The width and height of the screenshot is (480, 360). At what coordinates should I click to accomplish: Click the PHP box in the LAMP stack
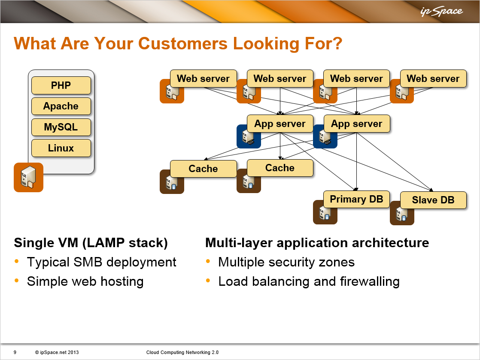point(61,85)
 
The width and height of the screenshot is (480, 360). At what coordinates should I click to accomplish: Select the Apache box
point(61,106)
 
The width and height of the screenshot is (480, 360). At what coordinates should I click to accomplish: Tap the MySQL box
point(61,127)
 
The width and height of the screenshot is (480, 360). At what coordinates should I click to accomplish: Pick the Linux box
point(61,148)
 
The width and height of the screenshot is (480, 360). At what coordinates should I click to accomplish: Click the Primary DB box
point(356,199)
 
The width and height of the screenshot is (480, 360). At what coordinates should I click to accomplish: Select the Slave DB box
point(433,200)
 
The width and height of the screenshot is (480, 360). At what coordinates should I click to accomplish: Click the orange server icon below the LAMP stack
point(28,177)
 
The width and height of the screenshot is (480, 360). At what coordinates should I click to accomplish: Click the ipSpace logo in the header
point(441,11)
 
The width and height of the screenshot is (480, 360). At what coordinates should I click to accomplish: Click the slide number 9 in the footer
point(15,352)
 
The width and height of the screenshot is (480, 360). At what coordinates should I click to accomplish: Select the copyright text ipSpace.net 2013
point(57,352)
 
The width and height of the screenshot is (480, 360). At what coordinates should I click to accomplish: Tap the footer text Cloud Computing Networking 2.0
point(182,352)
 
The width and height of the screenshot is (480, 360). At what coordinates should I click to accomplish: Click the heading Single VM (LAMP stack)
point(91,243)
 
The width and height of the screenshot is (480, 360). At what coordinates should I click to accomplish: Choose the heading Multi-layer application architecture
point(317,243)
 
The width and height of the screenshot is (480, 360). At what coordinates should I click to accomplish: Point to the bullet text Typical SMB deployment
point(102,263)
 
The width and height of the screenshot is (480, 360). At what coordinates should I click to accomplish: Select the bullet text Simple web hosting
point(85,281)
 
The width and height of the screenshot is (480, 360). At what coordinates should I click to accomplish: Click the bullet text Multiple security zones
point(286,263)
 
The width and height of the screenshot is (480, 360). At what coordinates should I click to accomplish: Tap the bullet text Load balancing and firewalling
point(309,281)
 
